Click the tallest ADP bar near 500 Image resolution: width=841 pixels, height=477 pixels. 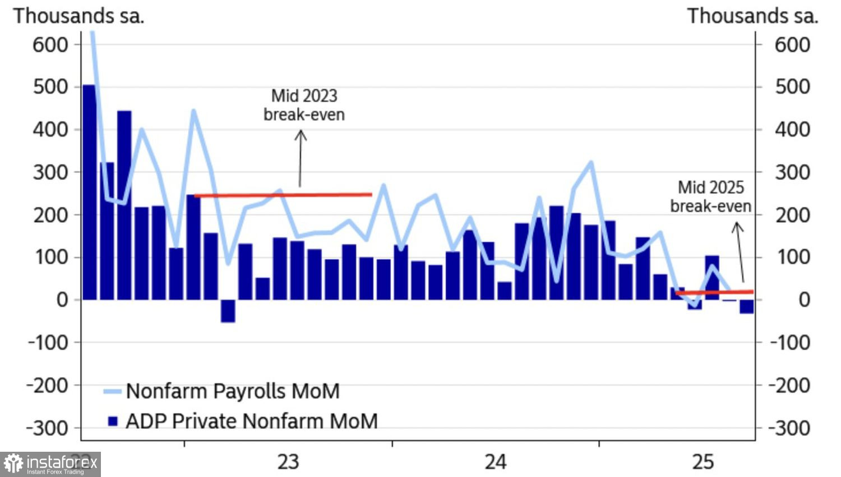coord(89,191)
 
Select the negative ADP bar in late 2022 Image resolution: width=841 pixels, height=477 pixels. coord(228,311)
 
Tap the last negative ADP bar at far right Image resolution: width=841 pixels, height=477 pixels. coord(746,306)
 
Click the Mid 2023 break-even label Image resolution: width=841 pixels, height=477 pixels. coord(304,105)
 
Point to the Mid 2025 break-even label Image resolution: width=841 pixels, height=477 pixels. coord(710,196)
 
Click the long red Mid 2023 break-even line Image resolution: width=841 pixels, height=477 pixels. coord(283,195)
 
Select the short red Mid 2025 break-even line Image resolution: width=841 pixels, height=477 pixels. coord(714,292)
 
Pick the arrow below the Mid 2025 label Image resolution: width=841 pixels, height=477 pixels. coord(740,252)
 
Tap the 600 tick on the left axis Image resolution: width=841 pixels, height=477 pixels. coord(50,44)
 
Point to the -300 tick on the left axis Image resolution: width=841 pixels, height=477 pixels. coord(47,428)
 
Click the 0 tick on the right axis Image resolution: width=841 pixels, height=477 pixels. coord(804,300)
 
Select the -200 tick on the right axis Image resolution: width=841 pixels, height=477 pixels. coord(789,386)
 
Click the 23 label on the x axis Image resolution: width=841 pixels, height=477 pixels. coord(288,462)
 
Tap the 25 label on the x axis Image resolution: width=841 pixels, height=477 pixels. coord(703,462)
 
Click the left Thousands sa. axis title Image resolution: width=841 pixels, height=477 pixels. coord(79,16)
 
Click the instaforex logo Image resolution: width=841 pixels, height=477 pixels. coord(50,464)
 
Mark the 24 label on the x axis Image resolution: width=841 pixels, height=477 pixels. coord(496,462)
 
